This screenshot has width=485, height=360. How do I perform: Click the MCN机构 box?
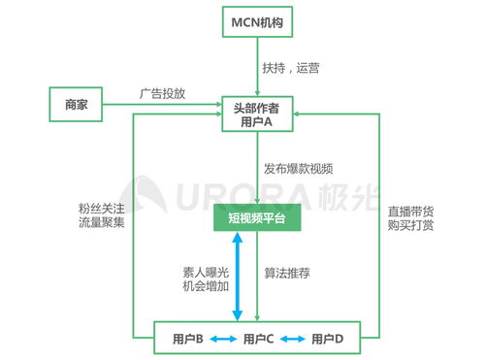(x=257, y=21)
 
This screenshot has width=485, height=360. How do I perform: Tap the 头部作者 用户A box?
(x=257, y=113)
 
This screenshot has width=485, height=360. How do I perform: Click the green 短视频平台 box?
(x=257, y=219)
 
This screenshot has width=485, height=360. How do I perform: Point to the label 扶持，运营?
(x=291, y=68)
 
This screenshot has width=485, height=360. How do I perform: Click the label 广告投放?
(x=162, y=94)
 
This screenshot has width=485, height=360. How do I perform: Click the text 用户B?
(x=187, y=339)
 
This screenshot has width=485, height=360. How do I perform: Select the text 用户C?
(x=259, y=339)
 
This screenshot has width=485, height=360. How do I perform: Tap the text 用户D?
(x=328, y=339)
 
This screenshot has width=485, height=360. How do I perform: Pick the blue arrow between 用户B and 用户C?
(x=223, y=339)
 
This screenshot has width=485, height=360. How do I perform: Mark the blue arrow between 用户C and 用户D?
(x=294, y=339)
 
